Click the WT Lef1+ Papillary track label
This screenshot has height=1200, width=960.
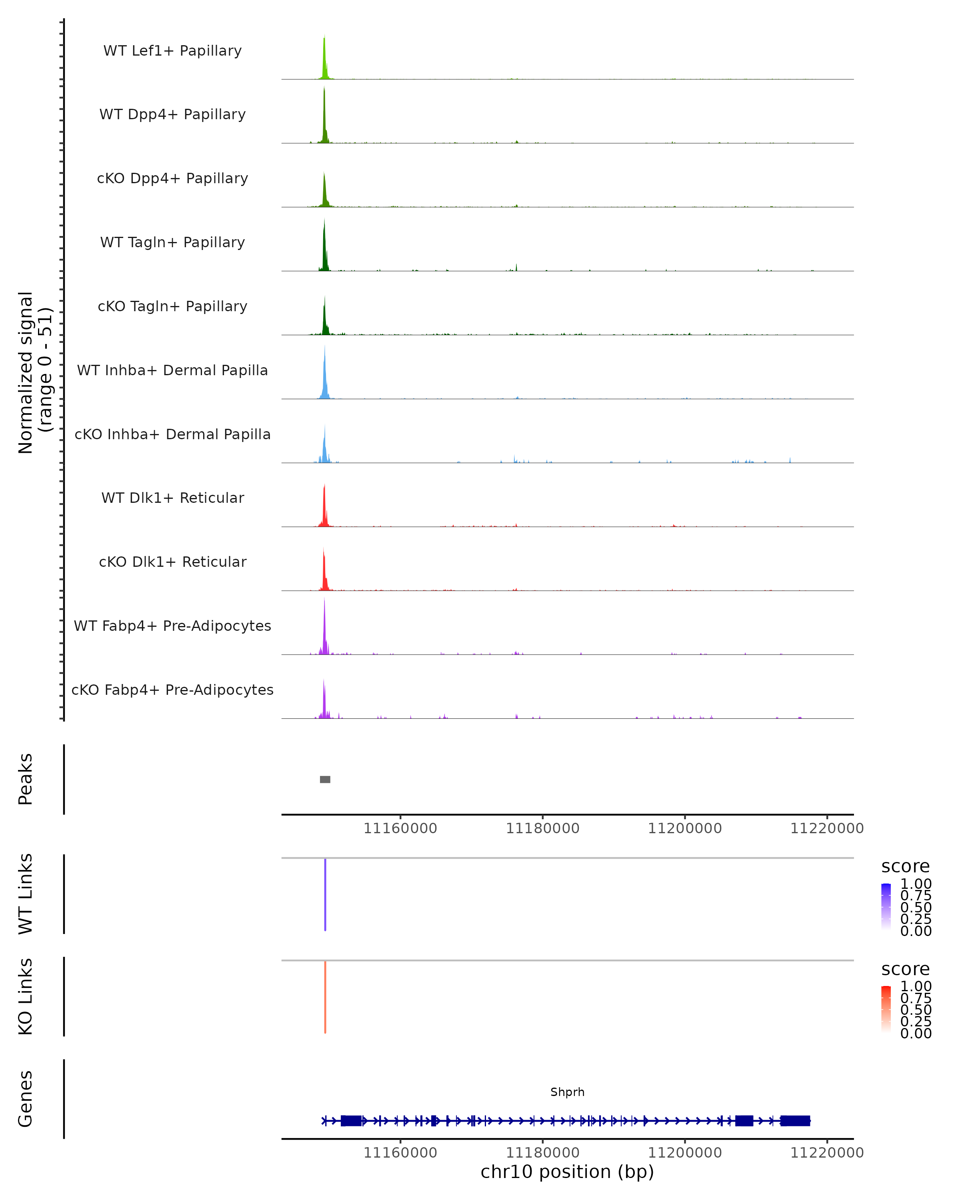[172, 51]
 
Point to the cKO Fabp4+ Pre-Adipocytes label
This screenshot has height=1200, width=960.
[172, 690]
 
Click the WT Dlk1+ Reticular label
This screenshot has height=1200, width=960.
[172, 498]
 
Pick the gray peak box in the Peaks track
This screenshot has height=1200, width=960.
[325, 779]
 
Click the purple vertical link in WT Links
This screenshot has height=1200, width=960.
[325, 894]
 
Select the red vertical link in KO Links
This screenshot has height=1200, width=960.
[325, 996]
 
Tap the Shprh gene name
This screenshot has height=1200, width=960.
[567, 1092]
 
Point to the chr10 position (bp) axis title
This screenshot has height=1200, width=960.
[567, 1172]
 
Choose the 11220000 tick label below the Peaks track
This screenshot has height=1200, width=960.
[826, 828]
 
